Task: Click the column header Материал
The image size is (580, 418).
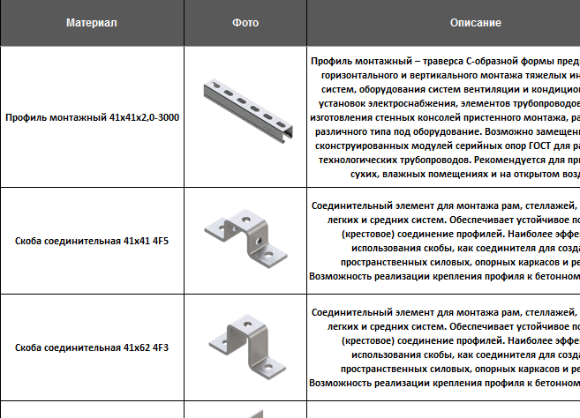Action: [91, 22]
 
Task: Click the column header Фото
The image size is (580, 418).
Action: [245, 22]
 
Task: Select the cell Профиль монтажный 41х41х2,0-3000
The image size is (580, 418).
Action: [91, 116]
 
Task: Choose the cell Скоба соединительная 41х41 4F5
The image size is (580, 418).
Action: [91, 240]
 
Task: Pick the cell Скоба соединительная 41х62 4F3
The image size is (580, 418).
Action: [91, 347]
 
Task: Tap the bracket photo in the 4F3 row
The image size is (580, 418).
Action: [244, 347]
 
